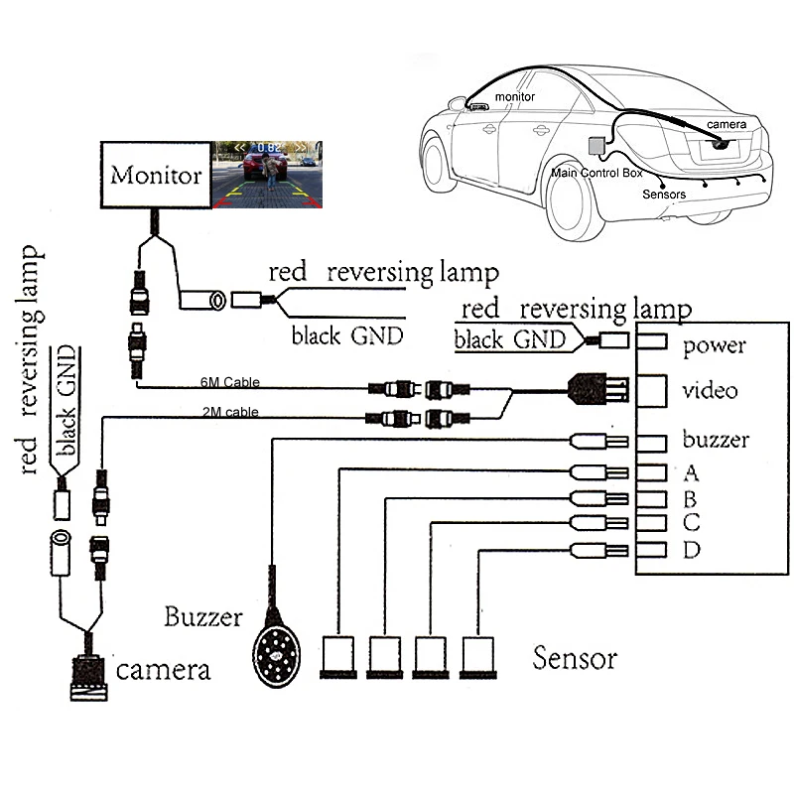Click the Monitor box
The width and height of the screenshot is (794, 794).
click(x=156, y=176)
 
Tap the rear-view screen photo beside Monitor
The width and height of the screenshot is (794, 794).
click(x=265, y=175)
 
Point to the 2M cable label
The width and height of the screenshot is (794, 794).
click(x=222, y=410)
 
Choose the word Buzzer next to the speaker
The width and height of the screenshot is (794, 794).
click(x=203, y=617)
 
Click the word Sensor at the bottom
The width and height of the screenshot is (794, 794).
click(x=575, y=658)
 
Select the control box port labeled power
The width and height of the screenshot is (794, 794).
click(x=651, y=342)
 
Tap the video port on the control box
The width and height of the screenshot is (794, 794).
click(x=652, y=389)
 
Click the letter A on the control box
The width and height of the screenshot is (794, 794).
click(x=691, y=471)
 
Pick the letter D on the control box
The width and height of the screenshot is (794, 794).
click(x=691, y=550)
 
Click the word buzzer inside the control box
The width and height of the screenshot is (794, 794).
click(x=716, y=440)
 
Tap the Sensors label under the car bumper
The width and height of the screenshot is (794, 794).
click(x=664, y=195)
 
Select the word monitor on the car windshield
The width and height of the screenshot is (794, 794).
click(x=514, y=97)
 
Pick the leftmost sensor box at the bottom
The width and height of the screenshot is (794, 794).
click(x=337, y=656)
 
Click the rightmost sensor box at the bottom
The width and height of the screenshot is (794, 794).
click(x=480, y=656)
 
